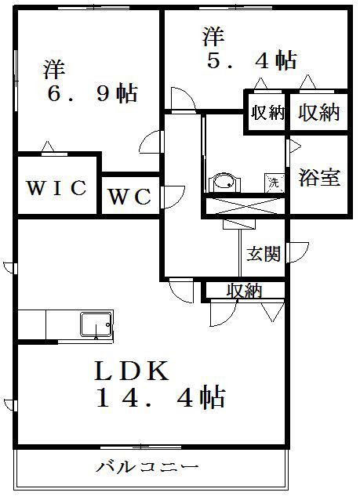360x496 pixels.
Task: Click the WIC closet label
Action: (57, 187)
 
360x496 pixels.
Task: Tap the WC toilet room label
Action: (130, 197)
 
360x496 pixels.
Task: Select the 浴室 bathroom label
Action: (319, 177)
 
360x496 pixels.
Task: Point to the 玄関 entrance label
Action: (264, 253)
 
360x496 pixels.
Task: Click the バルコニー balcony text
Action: (148, 467)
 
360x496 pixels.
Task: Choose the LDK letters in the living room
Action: (132, 371)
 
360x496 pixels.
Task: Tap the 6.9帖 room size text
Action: (93, 92)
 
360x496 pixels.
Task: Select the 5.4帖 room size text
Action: (253, 60)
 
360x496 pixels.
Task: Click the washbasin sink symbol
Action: (224, 183)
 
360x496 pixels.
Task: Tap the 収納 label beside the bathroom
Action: (319, 112)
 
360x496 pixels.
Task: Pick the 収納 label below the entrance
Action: (245, 290)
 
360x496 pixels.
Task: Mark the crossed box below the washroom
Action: (245, 206)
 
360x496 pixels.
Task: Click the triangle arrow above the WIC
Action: (48, 147)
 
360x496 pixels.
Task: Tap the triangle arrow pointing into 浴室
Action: (295, 147)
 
